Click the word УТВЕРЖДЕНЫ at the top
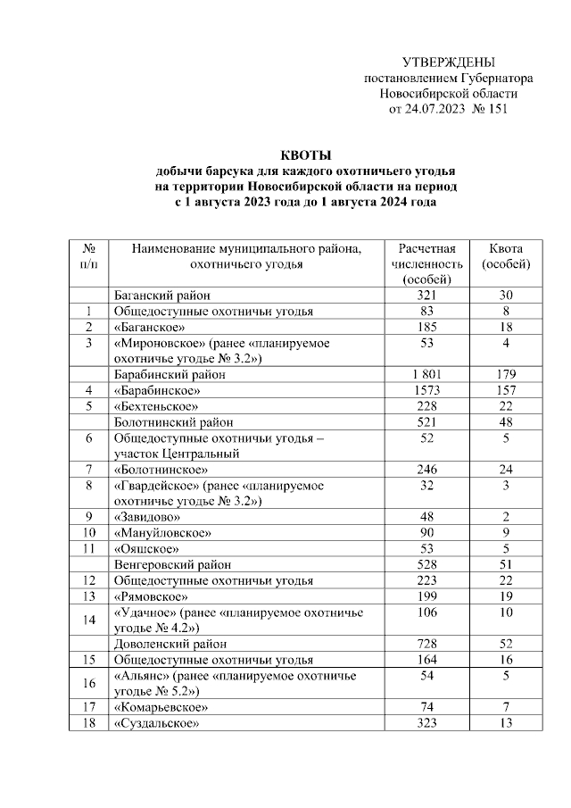point(448,62)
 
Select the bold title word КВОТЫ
point(306,156)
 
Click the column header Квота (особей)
point(506,256)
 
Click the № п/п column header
point(89,256)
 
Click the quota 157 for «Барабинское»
point(506,391)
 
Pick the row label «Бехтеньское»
point(155,407)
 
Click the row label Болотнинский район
point(174,422)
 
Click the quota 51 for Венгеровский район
point(506,564)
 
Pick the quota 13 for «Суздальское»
point(506,722)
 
